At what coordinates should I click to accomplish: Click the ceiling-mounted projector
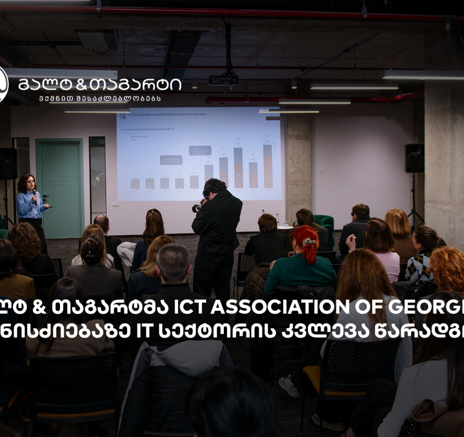point(223,79)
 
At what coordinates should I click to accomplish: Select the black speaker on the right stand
point(414,158)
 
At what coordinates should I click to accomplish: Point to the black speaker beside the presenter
point(8,163)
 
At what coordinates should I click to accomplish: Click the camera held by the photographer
point(197,208)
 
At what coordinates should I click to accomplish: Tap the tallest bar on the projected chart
point(267,166)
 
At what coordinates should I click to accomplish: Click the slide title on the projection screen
point(164,116)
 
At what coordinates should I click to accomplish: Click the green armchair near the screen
point(325,224)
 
